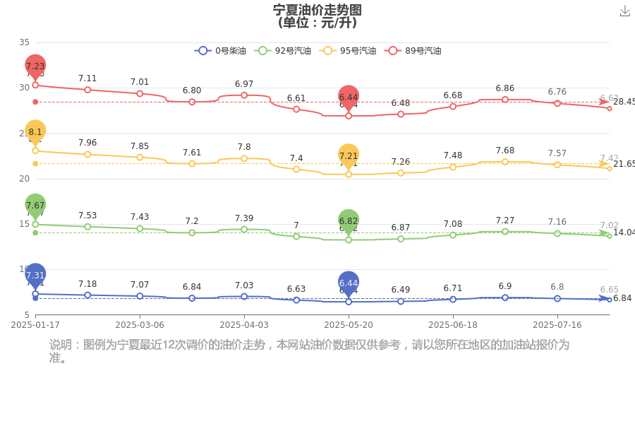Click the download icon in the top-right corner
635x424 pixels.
tap(624, 11)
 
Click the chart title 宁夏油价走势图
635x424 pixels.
tap(317, 9)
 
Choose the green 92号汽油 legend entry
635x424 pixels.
tap(284, 51)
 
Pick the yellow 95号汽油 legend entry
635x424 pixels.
tap(347, 51)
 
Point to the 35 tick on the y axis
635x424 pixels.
tap(25, 42)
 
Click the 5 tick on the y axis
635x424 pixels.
tap(27, 314)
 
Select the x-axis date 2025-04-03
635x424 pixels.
tap(244, 325)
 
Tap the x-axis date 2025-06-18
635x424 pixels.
tap(453, 325)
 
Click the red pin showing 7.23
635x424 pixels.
tap(35, 66)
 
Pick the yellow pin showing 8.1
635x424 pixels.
tap(35, 132)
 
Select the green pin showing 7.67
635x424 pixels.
tap(35, 206)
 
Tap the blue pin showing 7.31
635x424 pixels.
tap(35, 276)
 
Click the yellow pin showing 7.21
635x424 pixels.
tap(349, 155)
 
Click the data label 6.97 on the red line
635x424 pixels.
tap(244, 84)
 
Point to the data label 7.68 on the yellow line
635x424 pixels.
tap(505, 151)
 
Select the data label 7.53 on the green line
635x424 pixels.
tap(87, 215)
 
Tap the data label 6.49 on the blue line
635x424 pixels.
tap(401, 290)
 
